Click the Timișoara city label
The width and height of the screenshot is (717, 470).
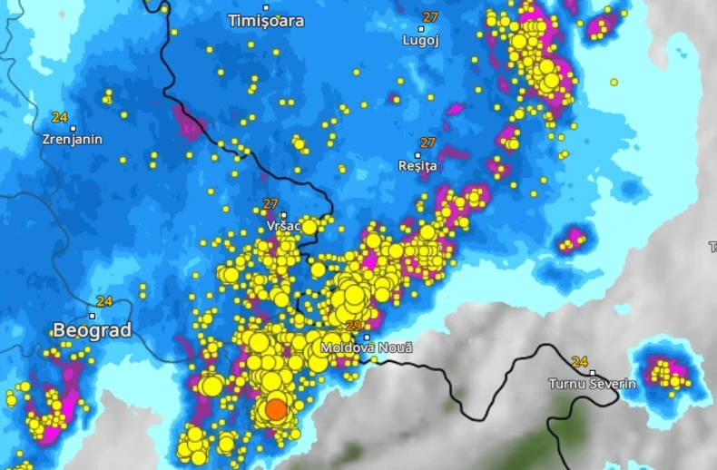pyautogui.click(x=266, y=21)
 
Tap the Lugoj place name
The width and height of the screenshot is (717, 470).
pyautogui.click(x=421, y=40)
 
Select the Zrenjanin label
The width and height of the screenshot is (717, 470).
pyautogui.click(x=73, y=140)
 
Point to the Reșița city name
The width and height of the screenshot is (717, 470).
pyautogui.click(x=417, y=166)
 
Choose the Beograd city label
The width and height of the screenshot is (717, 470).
pyautogui.click(x=92, y=330)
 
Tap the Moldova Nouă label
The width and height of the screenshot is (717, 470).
pyautogui.click(x=367, y=348)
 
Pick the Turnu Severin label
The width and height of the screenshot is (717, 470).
pyautogui.click(x=592, y=384)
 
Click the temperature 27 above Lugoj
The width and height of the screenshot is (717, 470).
pyautogui.click(x=431, y=16)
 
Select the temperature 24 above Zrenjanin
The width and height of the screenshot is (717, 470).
pyautogui.click(x=60, y=117)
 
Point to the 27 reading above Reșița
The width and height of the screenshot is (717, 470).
pyautogui.click(x=427, y=142)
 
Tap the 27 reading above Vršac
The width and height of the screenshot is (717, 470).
pyautogui.click(x=270, y=204)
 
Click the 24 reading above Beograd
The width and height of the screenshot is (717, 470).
pyautogui.click(x=104, y=301)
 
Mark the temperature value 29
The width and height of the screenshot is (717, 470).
pyautogui.click(x=354, y=325)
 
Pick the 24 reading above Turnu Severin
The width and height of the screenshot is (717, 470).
pyautogui.click(x=580, y=361)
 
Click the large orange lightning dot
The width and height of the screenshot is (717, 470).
pyautogui.click(x=276, y=410)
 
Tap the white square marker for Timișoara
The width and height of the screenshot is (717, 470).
pyautogui.click(x=266, y=7)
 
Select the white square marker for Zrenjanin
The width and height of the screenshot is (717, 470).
pyautogui.click(x=74, y=128)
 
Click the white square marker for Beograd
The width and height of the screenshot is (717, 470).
pyautogui.click(x=92, y=316)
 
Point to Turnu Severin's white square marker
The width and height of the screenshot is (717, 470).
pyautogui.click(x=593, y=372)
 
